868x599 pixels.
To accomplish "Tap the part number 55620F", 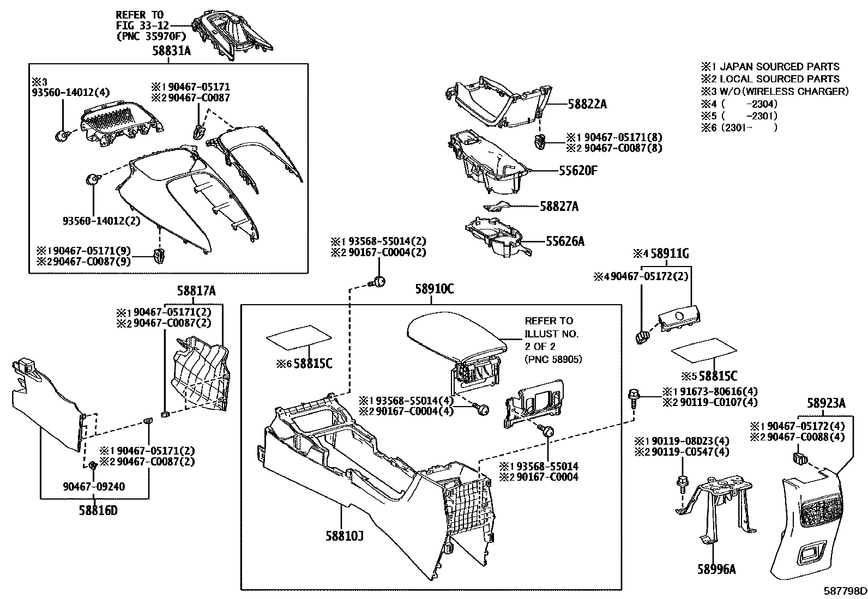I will pyautogui.click(x=578, y=171).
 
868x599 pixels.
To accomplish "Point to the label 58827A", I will pyautogui.click(x=559, y=207).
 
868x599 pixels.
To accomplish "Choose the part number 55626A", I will pyautogui.click(x=565, y=240).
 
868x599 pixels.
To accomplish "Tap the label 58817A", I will pyautogui.click(x=196, y=292).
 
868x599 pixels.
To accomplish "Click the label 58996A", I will pyautogui.click(x=716, y=570).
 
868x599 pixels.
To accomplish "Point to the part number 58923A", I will pyautogui.click(x=827, y=403).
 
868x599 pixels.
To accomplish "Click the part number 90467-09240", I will pyautogui.click(x=94, y=486).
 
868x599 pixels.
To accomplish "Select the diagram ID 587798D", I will pyautogui.click(x=845, y=591).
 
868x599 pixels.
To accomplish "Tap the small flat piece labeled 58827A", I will pyautogui.click(x=496, y=206).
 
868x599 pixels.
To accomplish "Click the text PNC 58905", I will pyautogui.click(x=553, y=359).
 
